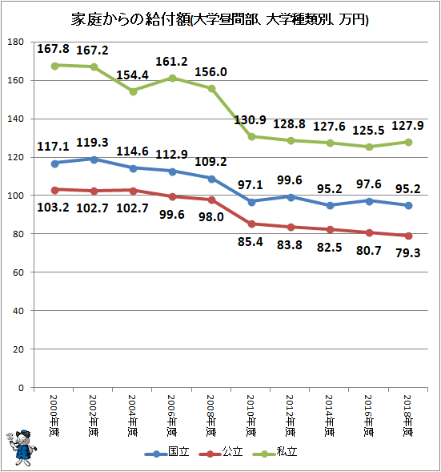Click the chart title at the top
tap(219, 20)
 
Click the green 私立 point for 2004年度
tap(133, 91)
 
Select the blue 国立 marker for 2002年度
tap(94, 159)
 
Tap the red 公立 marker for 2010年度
tap(251, 224)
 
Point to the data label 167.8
tap(53, 49)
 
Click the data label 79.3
tap(408, 253)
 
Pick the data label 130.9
tap(250, 120)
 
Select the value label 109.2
tap(210, 162)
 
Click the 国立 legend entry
tap(166, 452)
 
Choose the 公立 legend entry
tap(221, 452)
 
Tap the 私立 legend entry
tap(275, 452)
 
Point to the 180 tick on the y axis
tap(16, 42)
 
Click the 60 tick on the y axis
tap(18, 272)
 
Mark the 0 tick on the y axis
tap(21, 388)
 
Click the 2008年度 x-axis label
tap(211, 415)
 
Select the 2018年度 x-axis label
tap(408, 415)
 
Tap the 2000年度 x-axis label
tap(54, 415)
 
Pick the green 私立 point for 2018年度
tap(408, 143)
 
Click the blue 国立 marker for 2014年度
tap(330, 206)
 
